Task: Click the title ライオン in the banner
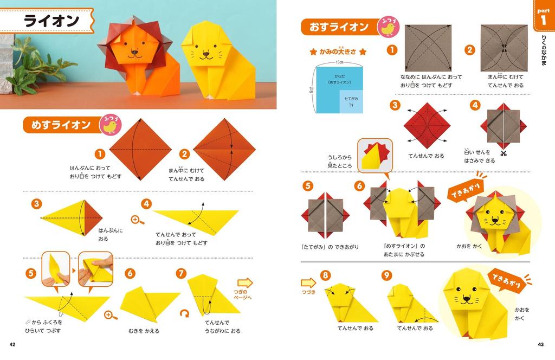pyautogui.click(x=52, y=21)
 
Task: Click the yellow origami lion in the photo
pyautogui.click(x=207, y=60)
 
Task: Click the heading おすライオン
pyautogui.click(x=338, y=27)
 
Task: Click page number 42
pyautogui.click(x=12, y=345)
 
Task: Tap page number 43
pyautogui.click(x=540, y=345)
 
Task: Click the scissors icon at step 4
pyautogui.click(x=504, y=153)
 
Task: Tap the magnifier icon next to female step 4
pyautogui.click(x=138, y=220)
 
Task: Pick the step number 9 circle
pyautogui.click(x=386, y=275)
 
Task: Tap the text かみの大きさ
pyautogui.click(x=338, y=52)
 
